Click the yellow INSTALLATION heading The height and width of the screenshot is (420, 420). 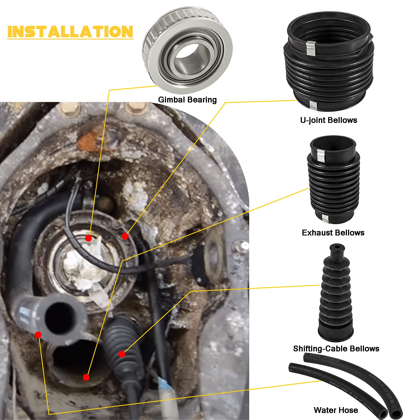point(70,32)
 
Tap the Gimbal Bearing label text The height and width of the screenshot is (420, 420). point(187,100)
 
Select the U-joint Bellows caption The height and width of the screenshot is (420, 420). point(328,120)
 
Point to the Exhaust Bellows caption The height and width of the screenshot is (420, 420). point(333,233)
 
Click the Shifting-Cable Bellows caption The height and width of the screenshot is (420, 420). point(336,349)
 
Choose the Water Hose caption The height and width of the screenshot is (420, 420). point(336,410)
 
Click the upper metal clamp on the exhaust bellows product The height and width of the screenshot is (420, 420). point(320,155)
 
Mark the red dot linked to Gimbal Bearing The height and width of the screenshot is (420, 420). point(88,238)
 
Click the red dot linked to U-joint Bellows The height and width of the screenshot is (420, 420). point(125,236)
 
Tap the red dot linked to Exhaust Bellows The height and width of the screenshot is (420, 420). point(86,377)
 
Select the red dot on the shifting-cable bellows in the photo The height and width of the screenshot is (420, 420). point(122,354)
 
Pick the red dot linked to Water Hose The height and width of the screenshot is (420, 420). point(38,335)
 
